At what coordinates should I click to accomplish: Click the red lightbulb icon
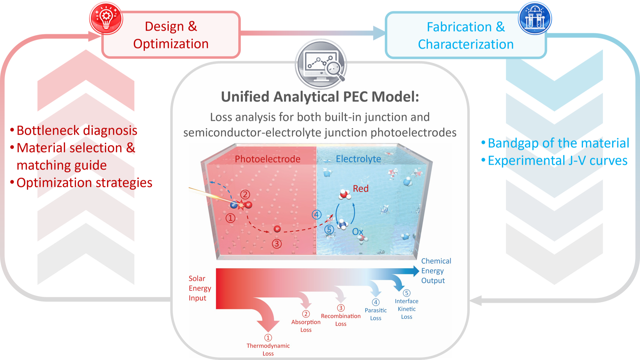(106, 18)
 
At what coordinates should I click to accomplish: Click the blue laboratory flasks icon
(535, 18)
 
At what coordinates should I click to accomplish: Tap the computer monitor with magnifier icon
(321, 64)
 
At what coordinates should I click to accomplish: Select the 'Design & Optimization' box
(171, 35)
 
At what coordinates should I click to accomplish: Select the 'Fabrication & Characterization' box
(466, 35)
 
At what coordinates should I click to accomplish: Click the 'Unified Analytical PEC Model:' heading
(320, 97)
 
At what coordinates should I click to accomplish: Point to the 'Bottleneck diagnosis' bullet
(74, 130)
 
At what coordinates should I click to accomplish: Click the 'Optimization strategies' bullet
(81, 183)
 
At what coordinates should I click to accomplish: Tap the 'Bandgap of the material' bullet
(555, 143)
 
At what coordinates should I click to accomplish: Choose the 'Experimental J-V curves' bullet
(555, 160)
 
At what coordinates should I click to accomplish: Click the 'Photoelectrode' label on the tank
(268, 159)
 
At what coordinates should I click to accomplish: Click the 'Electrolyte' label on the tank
(358, 159)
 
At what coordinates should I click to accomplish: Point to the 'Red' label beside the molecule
(361, 188)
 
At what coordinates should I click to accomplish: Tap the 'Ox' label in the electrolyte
(357, 232)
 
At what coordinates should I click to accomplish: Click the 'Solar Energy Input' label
(200, 288)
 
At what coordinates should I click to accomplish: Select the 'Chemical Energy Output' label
(436, 271)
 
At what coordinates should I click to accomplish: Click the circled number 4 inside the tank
(317, 215)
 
